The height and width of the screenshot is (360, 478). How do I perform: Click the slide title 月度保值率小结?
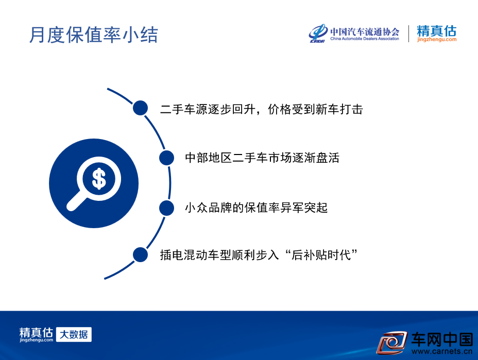pos(94,35)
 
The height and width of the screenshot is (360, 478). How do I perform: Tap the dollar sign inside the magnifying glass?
pos(99,179)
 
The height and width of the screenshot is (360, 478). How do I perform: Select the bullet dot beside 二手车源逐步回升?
pos(140,108)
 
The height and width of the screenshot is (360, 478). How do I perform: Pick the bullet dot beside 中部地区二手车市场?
pos(166,158)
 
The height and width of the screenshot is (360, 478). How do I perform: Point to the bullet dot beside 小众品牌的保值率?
pos(166,208)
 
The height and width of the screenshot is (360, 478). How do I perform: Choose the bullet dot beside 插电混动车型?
pos(140,254)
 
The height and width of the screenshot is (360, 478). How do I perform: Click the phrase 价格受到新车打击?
pos(315,109)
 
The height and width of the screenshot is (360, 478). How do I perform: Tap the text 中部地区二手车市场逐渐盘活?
pos(262,158)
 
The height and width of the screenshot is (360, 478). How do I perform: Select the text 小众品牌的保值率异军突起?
pos(256,208)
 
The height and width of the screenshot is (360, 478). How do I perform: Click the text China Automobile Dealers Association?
pos(365,39)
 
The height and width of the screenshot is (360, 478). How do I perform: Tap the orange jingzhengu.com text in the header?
pos(437,39)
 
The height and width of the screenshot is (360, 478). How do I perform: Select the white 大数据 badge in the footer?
pos(74,334)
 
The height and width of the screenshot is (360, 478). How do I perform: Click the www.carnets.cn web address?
pos(442,351)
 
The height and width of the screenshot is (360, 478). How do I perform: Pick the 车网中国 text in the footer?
pos(442,339)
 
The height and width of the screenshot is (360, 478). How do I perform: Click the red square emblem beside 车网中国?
pos(392,342)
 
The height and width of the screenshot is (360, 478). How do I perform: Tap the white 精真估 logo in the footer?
pos(36,334)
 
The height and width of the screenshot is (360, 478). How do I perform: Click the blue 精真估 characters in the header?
pos(437,31)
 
